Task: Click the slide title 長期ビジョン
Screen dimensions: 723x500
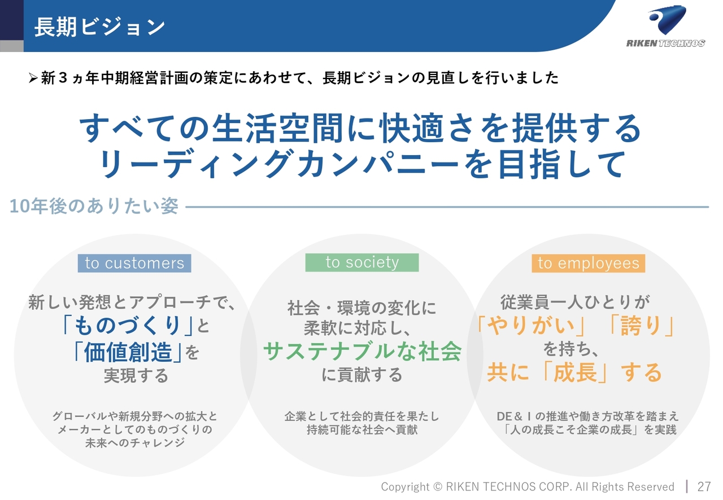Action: (99, 27)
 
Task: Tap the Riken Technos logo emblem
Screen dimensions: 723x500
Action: (667, 19)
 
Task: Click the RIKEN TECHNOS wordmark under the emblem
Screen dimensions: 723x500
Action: (665, 43)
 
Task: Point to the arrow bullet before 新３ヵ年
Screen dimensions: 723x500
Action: (33, 78)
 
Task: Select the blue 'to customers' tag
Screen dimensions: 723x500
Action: (134, 263)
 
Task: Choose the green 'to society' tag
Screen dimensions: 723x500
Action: (362, 262)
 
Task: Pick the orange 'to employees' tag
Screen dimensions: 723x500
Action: (589, 263)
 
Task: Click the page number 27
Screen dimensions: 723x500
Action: (704, 486)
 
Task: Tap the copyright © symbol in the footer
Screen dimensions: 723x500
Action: (437, 486)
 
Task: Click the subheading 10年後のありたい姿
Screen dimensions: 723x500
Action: (94, 206)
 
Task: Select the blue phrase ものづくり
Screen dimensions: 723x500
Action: (127, 325)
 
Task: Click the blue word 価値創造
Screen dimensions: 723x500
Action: (128, 352)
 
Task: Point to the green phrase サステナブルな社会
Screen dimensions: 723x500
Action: (362, 351)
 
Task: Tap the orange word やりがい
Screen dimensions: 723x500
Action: (531, 325)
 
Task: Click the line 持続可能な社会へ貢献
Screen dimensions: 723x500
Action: (362, 429)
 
